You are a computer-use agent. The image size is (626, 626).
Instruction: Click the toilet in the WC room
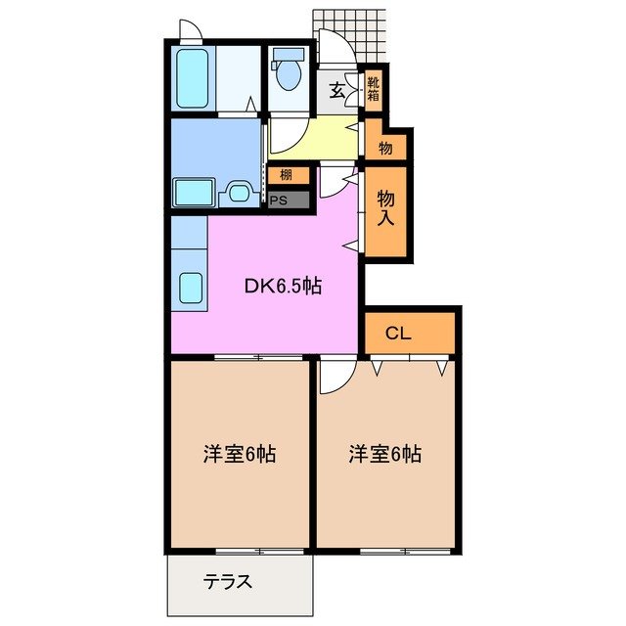coord(288,71)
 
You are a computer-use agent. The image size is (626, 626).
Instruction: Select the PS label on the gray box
coord(279,201)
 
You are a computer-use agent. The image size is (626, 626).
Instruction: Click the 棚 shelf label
coord(286,176)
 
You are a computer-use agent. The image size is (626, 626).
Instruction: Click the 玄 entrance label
coord(336,91)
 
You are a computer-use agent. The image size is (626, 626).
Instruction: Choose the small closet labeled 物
coord(385,148)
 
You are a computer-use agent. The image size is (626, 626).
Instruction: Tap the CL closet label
coord(397,334)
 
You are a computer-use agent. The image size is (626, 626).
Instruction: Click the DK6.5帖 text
coord(284,287)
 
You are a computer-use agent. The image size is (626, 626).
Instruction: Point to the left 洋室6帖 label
coord(239,454)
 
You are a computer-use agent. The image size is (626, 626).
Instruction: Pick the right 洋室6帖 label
coord(385,454)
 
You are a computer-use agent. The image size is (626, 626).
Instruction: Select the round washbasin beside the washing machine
coord(238,192)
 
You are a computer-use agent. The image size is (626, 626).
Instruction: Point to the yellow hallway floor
coord(313,137)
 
